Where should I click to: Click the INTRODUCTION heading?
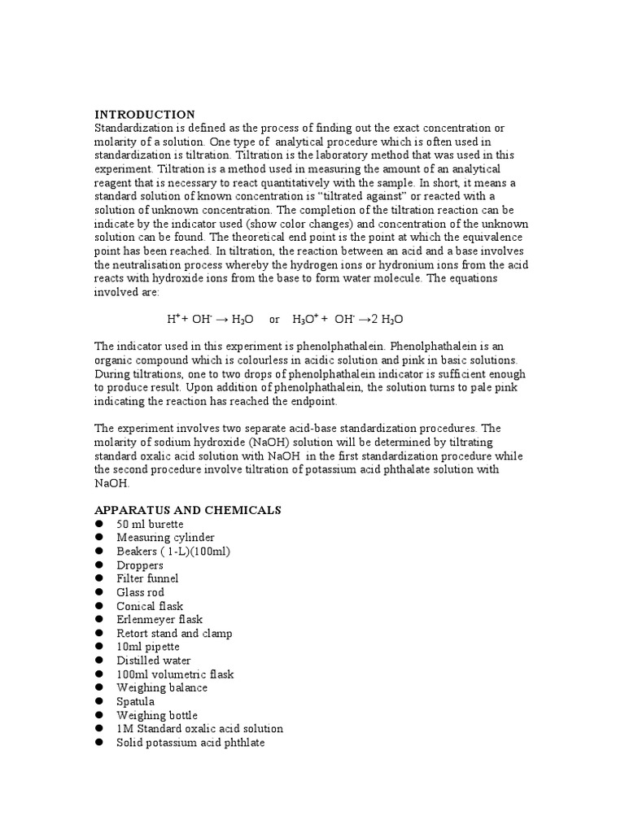[x=145, y=115]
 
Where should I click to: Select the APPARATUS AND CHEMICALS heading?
[x=187, y=510]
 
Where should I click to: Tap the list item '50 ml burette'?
[x=150, y=524]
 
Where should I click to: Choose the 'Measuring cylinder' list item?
[x=165, y=538]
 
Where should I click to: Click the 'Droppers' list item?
[x=140, y=565]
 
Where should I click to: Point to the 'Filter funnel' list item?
[x=147, y=578]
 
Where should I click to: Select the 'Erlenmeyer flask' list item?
[x=160, y=620]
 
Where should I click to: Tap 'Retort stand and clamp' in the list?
[x=174, y=634]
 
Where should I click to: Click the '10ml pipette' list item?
[x=148, y=647]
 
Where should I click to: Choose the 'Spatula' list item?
[x=135, y=701]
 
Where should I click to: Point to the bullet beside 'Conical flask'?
[x=99, y=606]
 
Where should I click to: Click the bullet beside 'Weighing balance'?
[x=99, y=688]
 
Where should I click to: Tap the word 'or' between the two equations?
[x=274, y=320]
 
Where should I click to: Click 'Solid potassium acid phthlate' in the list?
[x=190, y=743]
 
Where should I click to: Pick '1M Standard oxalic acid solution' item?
[x=199, y=729]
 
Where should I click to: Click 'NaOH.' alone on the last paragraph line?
[x=111, y=483]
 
